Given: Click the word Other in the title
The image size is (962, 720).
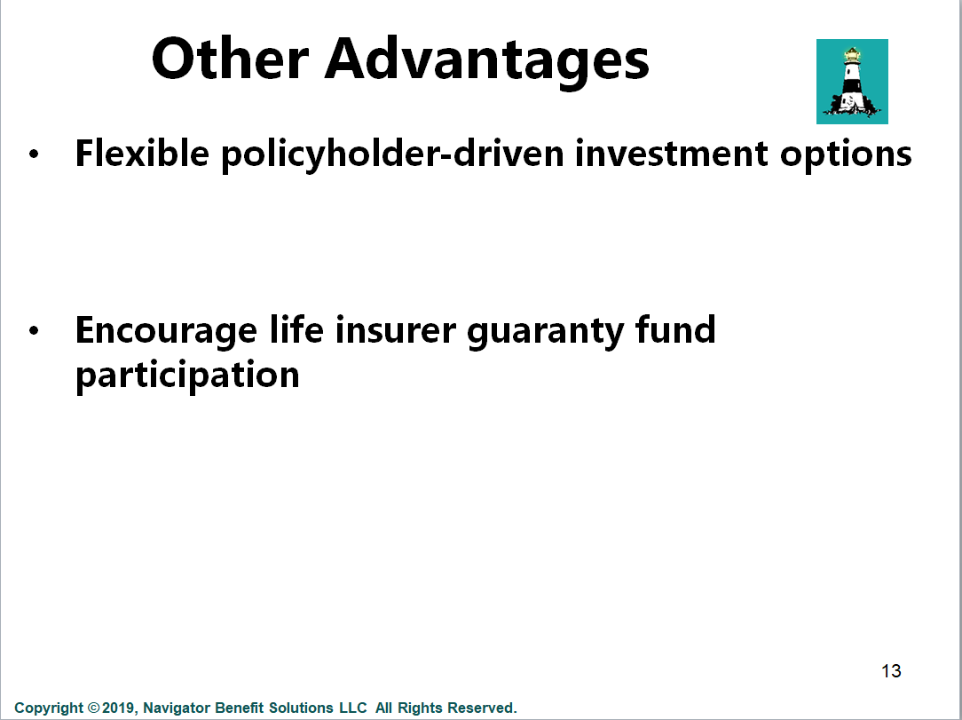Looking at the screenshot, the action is tap(230, 59).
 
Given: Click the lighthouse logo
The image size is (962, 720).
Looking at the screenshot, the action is tap(852, 82).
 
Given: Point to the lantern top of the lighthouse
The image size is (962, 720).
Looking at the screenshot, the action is tap(852, 55).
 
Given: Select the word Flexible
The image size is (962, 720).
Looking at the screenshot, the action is tap(142, 153).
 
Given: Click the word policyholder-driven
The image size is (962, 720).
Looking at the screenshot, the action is tap(392, 154).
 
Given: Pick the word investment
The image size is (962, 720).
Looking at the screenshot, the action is tap(671, 154).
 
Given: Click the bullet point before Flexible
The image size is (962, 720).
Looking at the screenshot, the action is tap(34, 154).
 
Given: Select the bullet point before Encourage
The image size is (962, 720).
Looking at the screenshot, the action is tap(34, 330).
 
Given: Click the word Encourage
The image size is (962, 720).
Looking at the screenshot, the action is tap(166, 332).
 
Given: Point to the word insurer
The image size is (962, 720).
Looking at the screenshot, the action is tap(396, 330).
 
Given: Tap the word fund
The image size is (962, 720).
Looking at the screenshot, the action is tap(675, 329).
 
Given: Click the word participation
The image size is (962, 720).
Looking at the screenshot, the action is tap(187, 376).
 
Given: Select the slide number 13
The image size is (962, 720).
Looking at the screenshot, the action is tap(891, 671).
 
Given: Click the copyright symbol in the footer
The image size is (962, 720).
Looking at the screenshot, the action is tap(93, 708).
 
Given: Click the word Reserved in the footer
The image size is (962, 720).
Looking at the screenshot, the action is tap(482, 708).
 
